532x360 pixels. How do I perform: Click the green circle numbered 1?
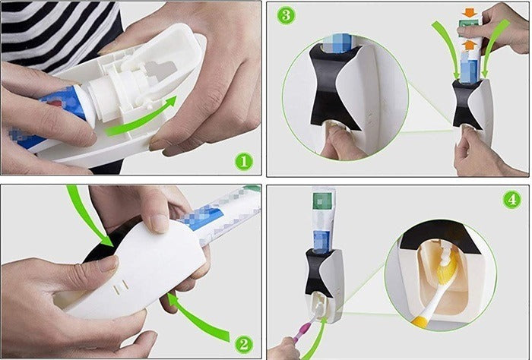[x=243, y=160]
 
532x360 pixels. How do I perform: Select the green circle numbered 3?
[x=284, y=15]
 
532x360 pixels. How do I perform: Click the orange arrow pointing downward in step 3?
[x=468, y=13]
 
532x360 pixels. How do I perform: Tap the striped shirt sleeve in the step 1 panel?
[x=53, y=30]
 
